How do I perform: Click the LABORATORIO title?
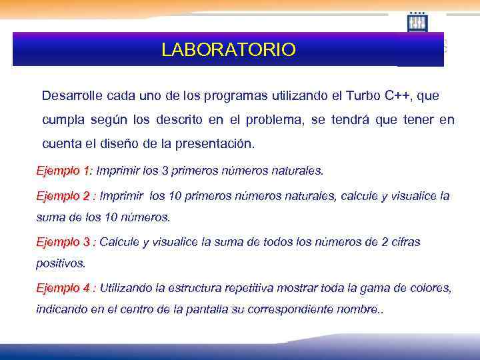point(228,50)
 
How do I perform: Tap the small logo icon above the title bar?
point(417,22)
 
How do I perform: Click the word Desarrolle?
point(71,95)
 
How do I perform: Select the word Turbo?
point(363,95)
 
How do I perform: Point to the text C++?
point(399,95)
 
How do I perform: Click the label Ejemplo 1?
point(63,171)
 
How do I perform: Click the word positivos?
point(60,263)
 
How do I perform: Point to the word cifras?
point(405,242)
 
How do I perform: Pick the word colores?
point(431,288)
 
